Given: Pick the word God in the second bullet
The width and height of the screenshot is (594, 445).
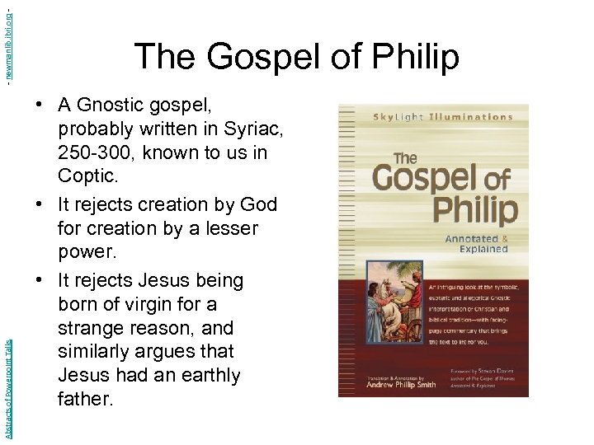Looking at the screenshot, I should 259,204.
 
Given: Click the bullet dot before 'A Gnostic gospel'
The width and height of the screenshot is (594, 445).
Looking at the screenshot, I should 39,105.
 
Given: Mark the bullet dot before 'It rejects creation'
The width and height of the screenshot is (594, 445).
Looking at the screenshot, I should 39,204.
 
